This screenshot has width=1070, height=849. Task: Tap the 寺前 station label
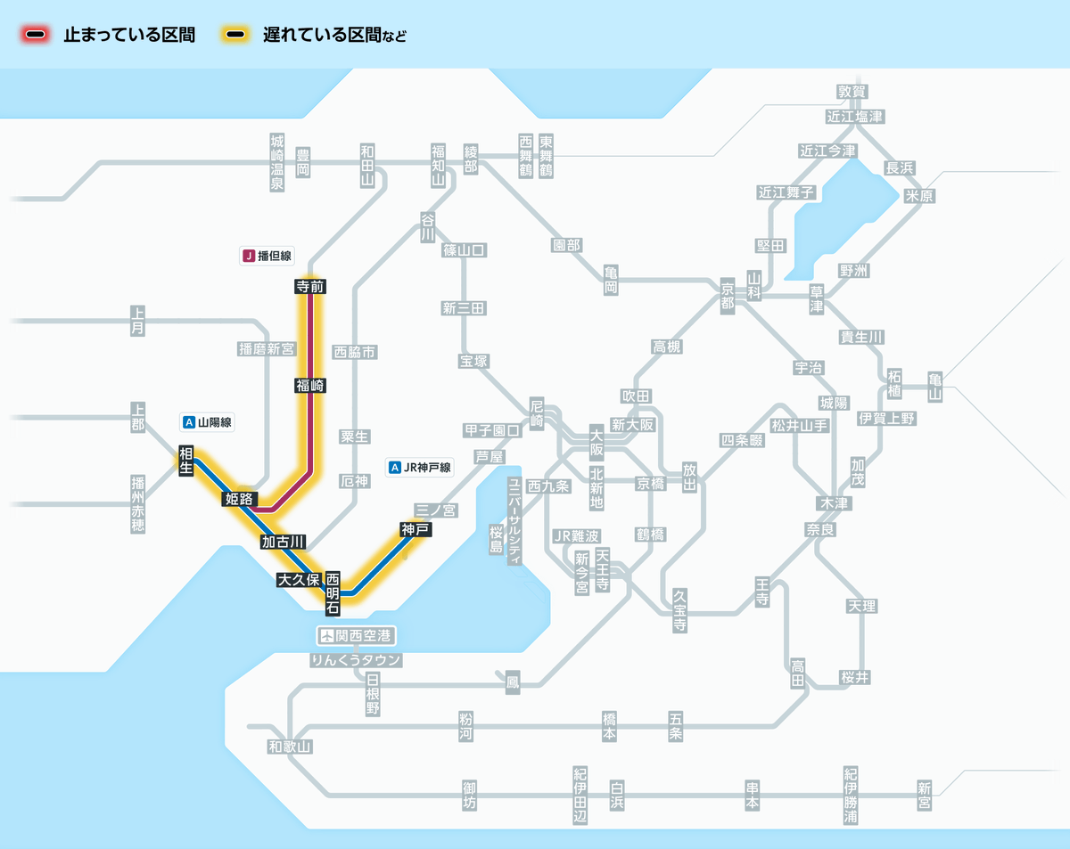click(309, 287)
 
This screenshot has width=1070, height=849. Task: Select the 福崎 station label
click(309, 386)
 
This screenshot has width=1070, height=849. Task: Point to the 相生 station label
click(186, 461)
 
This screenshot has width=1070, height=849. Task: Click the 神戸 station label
click(416, 529)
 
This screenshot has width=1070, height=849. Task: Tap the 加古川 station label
click(284, 542)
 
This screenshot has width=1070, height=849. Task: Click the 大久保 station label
click(299, 580)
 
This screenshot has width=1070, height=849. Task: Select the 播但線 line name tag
click(267, 256)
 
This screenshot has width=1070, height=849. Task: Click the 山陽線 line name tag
click(208, 422)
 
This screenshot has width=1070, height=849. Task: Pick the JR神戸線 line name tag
click(421, 467)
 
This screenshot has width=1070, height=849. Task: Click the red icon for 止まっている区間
click(37, 36)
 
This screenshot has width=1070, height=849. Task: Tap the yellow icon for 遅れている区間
click(236, 36)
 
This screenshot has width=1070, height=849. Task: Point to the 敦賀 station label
click(852, 92)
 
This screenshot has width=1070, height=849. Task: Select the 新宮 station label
click(924, 795)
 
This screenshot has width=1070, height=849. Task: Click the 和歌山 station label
click(291, 747)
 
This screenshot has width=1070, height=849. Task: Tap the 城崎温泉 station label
click(276, 163)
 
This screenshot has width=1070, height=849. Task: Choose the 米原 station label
click(919, 196)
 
